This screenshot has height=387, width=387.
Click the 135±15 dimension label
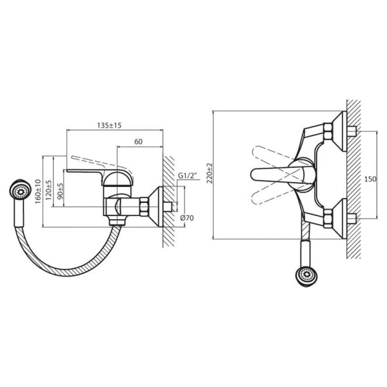(109, 125)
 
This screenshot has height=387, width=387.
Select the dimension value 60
(138, 142)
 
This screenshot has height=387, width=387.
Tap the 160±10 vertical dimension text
(38, 192)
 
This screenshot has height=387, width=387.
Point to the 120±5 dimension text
(49, 190)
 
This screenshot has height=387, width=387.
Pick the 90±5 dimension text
(60, 192)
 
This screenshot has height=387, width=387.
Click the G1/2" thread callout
(188, 176)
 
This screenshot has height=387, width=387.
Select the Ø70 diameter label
(187, 218)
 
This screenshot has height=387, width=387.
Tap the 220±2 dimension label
(210, 173)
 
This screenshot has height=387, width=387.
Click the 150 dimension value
(370, 179)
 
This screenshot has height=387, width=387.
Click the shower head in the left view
(20, 190)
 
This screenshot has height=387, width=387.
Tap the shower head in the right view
(307, 277)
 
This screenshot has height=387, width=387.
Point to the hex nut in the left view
(144, 206)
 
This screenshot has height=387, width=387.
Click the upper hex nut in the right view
(328, 130)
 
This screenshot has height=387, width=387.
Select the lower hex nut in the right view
(328, 218)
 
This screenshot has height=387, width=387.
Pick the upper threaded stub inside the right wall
(352, 131)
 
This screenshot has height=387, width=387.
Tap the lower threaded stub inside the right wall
(352, 219)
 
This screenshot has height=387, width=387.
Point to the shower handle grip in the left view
(19, 213)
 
